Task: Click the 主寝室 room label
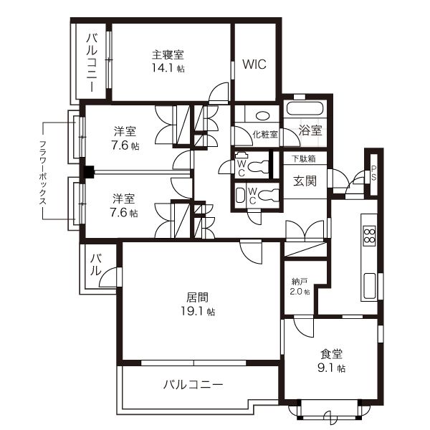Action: [168, 54]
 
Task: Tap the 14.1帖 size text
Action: [168, 69]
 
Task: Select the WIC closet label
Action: [254, 64]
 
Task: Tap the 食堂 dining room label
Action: [330, 353]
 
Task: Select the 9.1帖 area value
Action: [331, 368]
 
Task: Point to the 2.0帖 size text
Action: [300, 292]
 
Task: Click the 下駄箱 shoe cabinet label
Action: [302, 158]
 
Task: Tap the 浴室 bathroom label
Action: [310, 131]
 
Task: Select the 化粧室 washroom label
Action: [264, 134]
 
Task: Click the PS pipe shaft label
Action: [373, 173]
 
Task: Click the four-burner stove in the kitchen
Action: [370, 236]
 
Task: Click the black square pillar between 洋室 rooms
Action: [88, 172]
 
